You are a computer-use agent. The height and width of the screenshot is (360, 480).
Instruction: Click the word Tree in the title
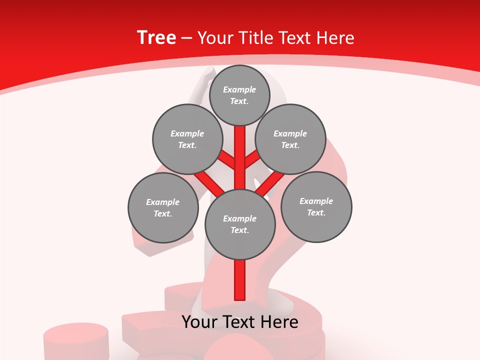click(x=156, y=38)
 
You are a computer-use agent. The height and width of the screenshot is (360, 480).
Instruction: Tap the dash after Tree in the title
click(x=186, y=38)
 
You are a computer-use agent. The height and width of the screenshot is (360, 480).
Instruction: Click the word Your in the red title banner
click(x=215, y=38)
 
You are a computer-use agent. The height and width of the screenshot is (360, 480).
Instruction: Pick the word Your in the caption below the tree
click(x=199, y=322)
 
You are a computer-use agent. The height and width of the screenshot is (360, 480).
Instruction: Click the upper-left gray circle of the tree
click(x=187, y=139)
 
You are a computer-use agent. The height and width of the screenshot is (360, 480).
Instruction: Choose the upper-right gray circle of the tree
click(x=290, y=139)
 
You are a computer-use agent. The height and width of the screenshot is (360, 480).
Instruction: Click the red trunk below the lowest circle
click(x=240, y=280)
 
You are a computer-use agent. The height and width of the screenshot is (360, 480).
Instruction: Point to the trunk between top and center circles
click(x=240, y=157)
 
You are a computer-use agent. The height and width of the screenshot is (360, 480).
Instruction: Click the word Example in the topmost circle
click(x=239, y=89)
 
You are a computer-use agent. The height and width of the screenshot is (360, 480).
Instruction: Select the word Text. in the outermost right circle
click(x=316, y=212)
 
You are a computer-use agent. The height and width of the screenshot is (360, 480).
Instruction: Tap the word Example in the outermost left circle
click(x=162, y=202)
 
